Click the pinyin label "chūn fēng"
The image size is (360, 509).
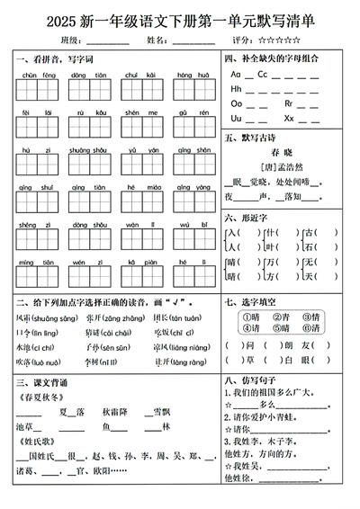(x=37, y=75)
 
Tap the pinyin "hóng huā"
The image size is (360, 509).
(x=190, y=75)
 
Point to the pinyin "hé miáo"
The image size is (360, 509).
(x=139, y=187)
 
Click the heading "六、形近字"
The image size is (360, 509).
(x=249, y=217)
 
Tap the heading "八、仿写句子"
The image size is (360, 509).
(x=255, y=380)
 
